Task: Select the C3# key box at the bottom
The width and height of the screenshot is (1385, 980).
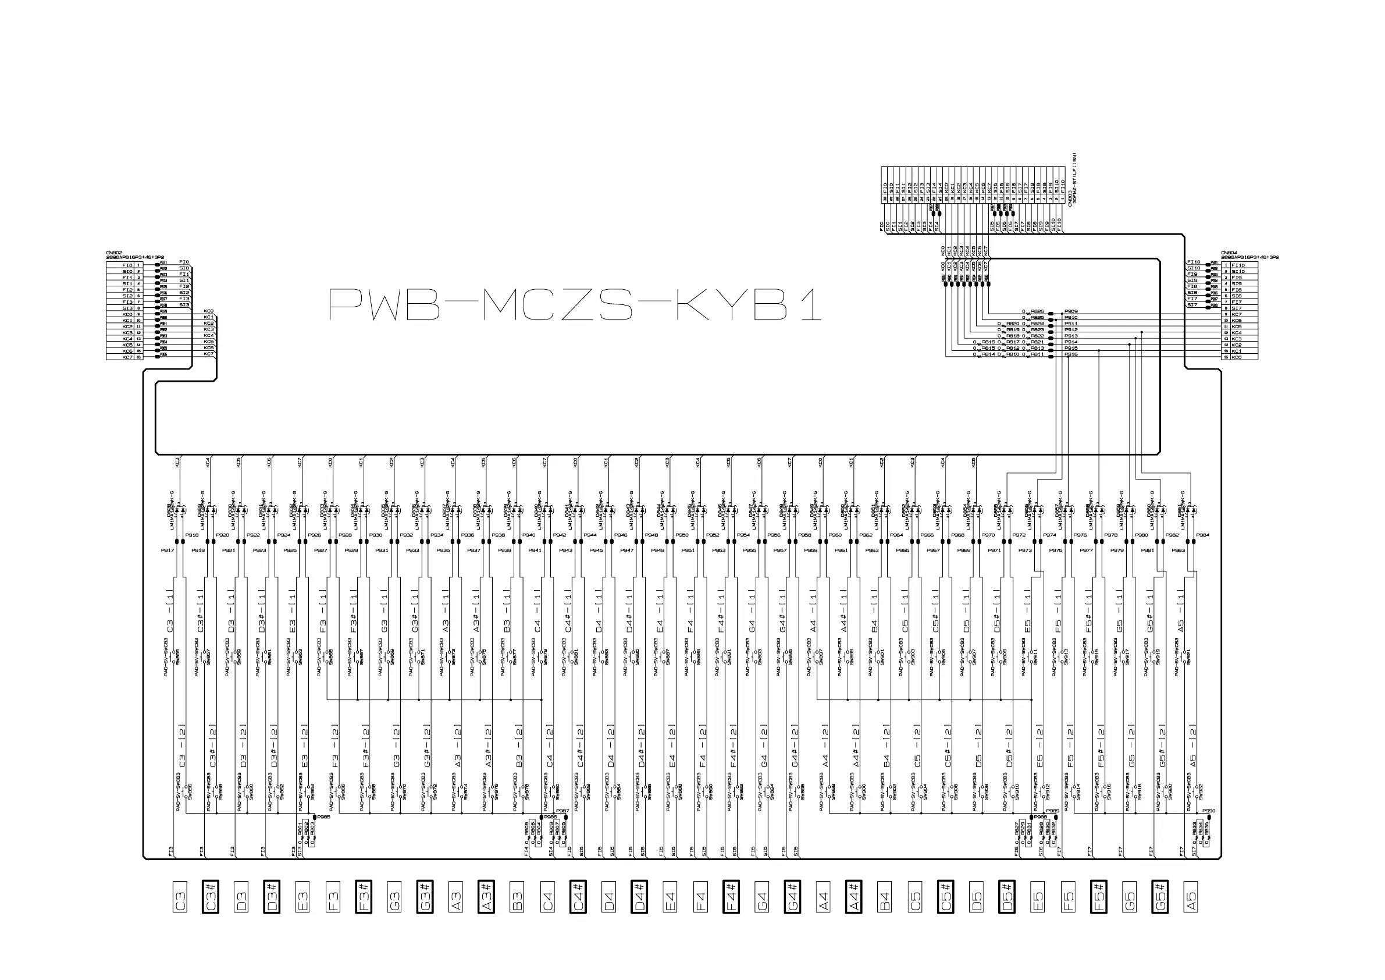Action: pos(211,897)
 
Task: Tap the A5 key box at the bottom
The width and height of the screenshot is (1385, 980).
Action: pos(1190,897)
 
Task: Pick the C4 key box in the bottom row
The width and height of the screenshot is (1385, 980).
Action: pos(547,897)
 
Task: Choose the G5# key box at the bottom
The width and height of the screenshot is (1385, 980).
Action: pos(1159,897)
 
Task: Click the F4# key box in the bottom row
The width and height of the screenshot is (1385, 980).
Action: pos(731,897)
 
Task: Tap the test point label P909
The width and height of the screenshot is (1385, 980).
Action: pos(1071,311)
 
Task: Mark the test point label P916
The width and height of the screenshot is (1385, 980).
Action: pos(1071,354)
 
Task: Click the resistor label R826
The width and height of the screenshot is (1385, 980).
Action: pos(1037,311)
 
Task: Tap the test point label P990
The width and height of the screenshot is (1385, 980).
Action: pos(1208,811)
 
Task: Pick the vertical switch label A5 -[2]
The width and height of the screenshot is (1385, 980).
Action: pos(1192,746)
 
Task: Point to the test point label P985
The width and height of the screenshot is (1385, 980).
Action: pos(324,817)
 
